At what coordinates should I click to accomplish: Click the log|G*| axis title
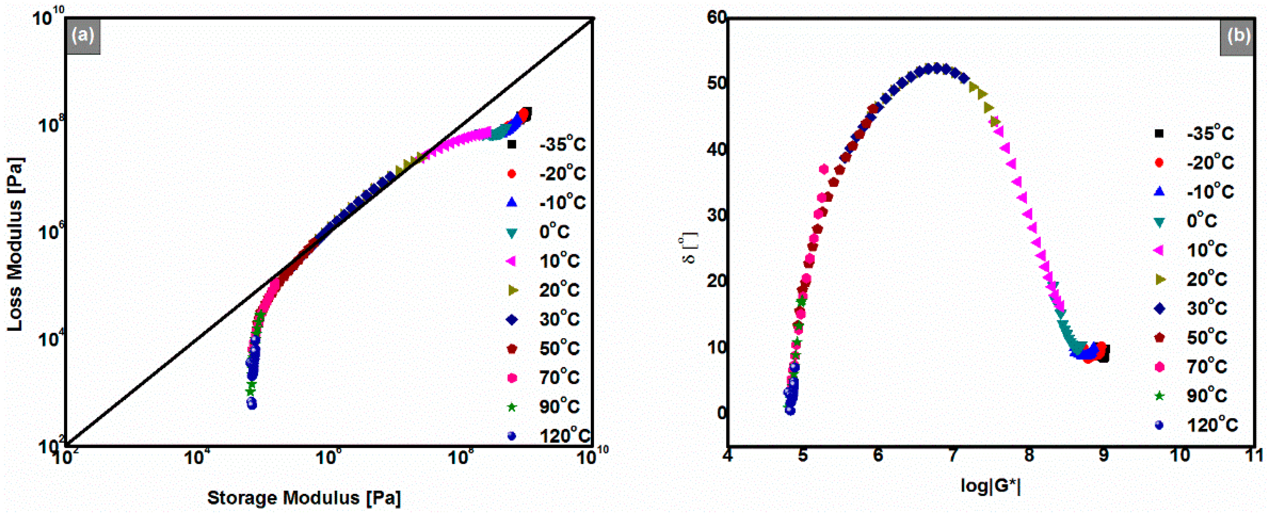[990, 486]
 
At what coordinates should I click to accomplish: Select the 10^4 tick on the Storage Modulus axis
[196, 457]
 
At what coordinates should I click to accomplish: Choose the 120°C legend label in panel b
[1212, 424]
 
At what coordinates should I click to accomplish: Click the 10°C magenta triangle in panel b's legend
[1159, 250]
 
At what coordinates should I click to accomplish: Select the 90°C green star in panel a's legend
[512, 407]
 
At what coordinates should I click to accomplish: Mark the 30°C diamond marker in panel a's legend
[512, 320]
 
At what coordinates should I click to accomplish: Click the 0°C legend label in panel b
[1202, 221]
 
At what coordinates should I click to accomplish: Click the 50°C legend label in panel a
[559, 348]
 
